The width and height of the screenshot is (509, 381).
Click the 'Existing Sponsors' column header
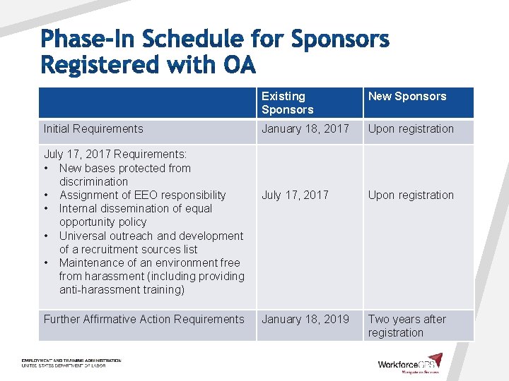coord(287,103)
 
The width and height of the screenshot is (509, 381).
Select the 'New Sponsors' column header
coord(407,97)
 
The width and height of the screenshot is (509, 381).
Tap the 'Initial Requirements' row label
coord(93,129)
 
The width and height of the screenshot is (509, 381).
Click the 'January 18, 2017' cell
coord(305,129)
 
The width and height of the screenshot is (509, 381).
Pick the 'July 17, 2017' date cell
coord(295,195)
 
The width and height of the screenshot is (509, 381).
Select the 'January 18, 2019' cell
coord(305,320)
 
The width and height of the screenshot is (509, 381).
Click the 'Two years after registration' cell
coord(406,326)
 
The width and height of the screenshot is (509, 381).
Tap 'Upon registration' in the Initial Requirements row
coord(411,129)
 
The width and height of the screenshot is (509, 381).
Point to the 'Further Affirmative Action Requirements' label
coord(144,320)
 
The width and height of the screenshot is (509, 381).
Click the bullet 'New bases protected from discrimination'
coord(124,175)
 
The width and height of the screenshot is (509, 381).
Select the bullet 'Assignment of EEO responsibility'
coord(142,195)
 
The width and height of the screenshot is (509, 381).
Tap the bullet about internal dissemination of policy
coord(134,215)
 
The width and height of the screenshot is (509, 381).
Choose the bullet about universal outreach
coord(151,243)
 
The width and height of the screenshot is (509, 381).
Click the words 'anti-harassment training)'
coord(121,290)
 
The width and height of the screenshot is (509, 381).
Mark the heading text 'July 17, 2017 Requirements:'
coord(115,155)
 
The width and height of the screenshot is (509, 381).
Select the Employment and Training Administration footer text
coord(71,363)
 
